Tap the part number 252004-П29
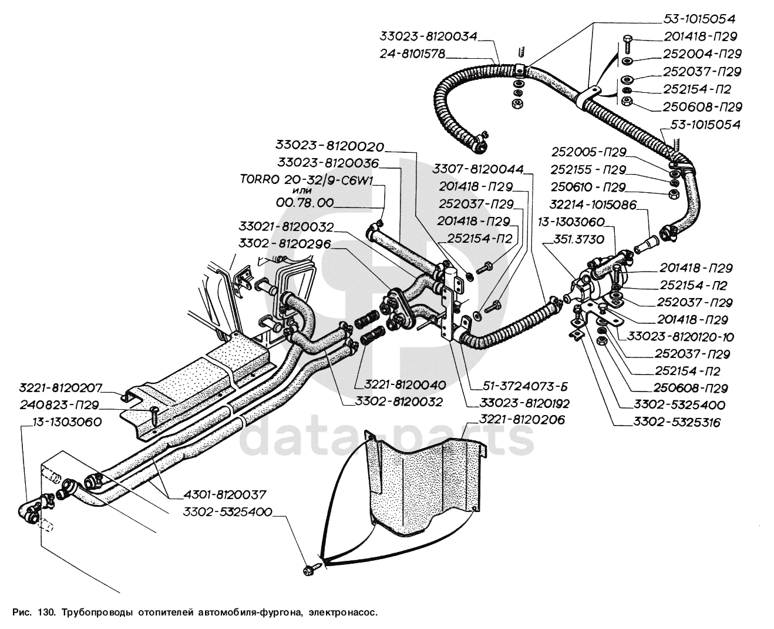[x=702, y=53]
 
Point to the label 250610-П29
[x=589, y=187]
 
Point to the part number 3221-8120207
[x=60, y=388]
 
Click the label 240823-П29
[x=59, y=405]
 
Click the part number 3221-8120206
[x=521, y=420]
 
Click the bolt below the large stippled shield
[x=312, y=568]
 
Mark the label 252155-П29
[x=589, y=169]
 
